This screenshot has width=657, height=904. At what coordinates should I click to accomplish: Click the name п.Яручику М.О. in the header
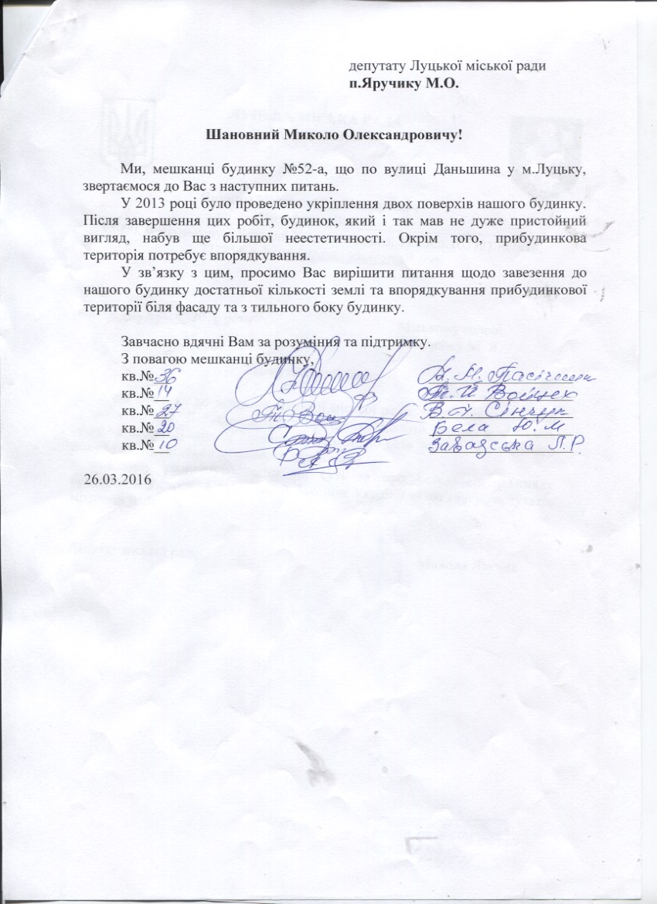tap(404, 83)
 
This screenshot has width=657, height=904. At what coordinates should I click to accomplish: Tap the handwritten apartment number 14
tap(164, 395)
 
